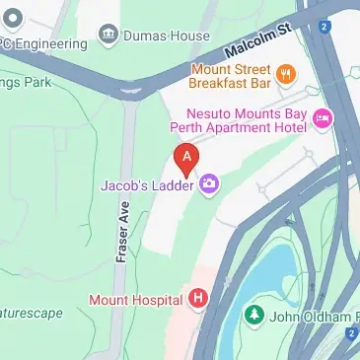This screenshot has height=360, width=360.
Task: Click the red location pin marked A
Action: click(x=184, y=157)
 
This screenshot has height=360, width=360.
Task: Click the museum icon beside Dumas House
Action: click(x=108, y=36)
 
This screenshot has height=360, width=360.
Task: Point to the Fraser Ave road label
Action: click(x=122, y=227)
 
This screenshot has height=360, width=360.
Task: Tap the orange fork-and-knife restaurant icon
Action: click(x=286, y=72)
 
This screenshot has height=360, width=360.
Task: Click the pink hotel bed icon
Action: click(x=323, y=119)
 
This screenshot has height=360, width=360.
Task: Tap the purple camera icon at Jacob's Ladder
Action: click(x=209, y=184)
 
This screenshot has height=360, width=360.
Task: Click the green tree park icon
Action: click(x=254, y=315)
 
